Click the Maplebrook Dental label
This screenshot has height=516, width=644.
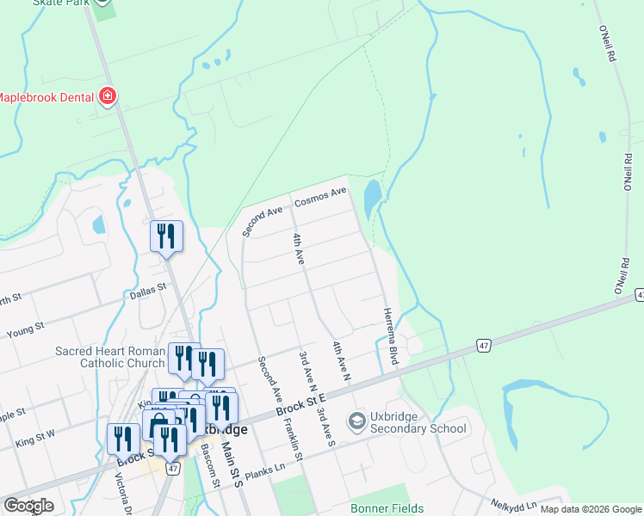pyautogui.click(x=46, y=97)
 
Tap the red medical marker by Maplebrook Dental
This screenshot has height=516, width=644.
pyautogui.click(x=108, y=95)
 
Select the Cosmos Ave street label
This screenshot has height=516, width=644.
pyautogui.click(x=319, y=197)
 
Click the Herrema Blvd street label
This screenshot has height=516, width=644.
pyautogui.click(x=389, y=336)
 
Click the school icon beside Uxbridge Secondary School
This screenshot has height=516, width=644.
pyautogui.click(x=356, y=421)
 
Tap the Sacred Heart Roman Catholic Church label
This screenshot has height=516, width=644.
pyautogui.click(x=109, y=357)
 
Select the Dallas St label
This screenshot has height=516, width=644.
pyautogui.click(x=146, y=294)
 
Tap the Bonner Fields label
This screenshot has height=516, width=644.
pyautogui.click(x=387, y=508)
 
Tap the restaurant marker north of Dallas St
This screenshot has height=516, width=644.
pyautogui.click(x=166, y=236)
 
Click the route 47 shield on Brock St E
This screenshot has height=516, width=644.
pyautogui.click(x=485, y=346)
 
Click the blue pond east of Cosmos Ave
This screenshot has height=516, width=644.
pyautogui.click(x=372, y=200)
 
